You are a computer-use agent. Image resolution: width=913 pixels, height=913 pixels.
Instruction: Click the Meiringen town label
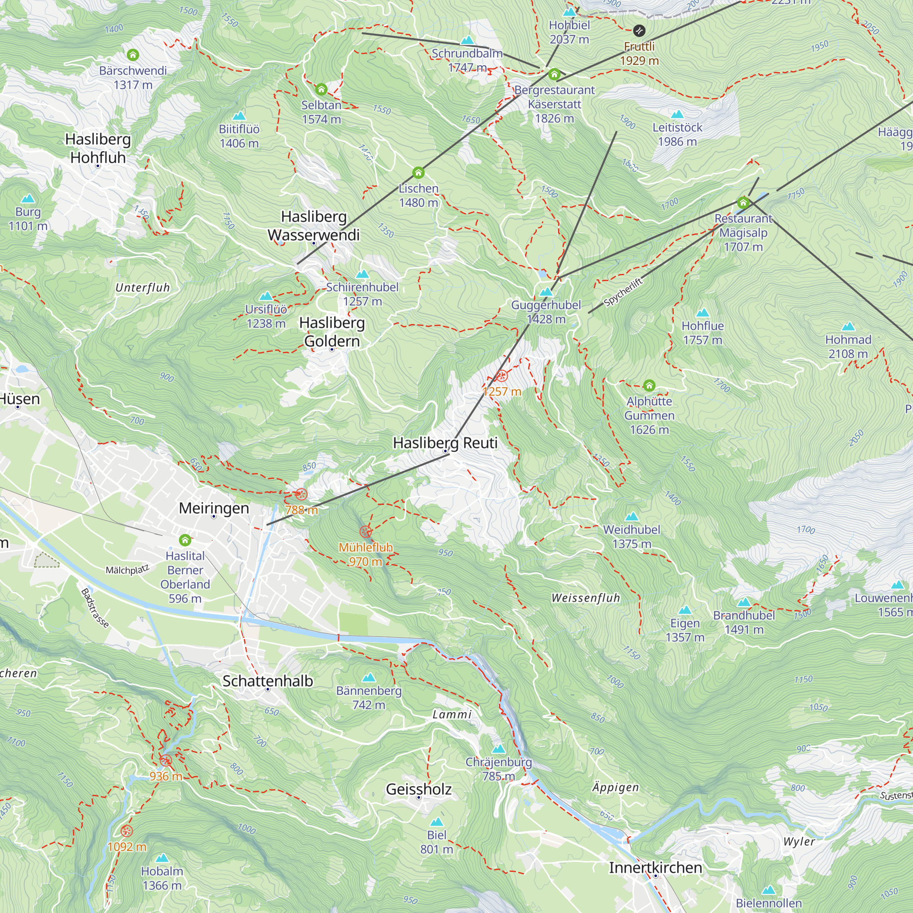tap(214, 508)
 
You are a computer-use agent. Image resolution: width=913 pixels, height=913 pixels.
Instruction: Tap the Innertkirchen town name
tap(655, 868)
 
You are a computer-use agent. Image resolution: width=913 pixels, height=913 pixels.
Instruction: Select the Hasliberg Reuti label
tap(445, 443)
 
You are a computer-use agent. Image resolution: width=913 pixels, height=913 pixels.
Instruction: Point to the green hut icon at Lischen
tap(418, 173)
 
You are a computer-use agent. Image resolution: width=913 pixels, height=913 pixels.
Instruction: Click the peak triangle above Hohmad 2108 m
tap(848, 326)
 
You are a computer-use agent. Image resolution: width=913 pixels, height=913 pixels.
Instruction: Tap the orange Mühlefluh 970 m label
tap(365, 554)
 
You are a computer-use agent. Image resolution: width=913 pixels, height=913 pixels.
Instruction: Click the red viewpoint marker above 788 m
tap(301, 495)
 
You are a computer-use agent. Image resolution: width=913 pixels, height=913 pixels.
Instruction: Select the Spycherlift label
tap(623, 292)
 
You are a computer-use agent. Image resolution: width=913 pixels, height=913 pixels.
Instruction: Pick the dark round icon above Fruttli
tap(639, 31)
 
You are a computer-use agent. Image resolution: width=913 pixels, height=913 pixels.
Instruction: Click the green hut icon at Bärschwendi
tap(133, 55)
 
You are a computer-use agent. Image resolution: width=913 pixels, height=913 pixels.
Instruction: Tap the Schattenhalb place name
tap(268, 681)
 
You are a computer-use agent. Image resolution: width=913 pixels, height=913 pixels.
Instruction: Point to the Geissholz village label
tap(418, 789)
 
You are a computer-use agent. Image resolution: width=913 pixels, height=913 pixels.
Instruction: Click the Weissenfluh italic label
tap(586, 598)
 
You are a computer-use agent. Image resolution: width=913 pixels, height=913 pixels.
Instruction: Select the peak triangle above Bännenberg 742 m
tap(368, 677)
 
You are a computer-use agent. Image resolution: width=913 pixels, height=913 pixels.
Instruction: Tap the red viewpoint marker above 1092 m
tap(126, 831)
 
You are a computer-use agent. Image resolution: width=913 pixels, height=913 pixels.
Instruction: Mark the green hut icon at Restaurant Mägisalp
tap(743, 203)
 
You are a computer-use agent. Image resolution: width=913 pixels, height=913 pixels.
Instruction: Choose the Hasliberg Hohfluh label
tap(98, 148)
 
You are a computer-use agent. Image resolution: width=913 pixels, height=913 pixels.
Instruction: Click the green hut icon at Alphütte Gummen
tap(649, 385)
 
